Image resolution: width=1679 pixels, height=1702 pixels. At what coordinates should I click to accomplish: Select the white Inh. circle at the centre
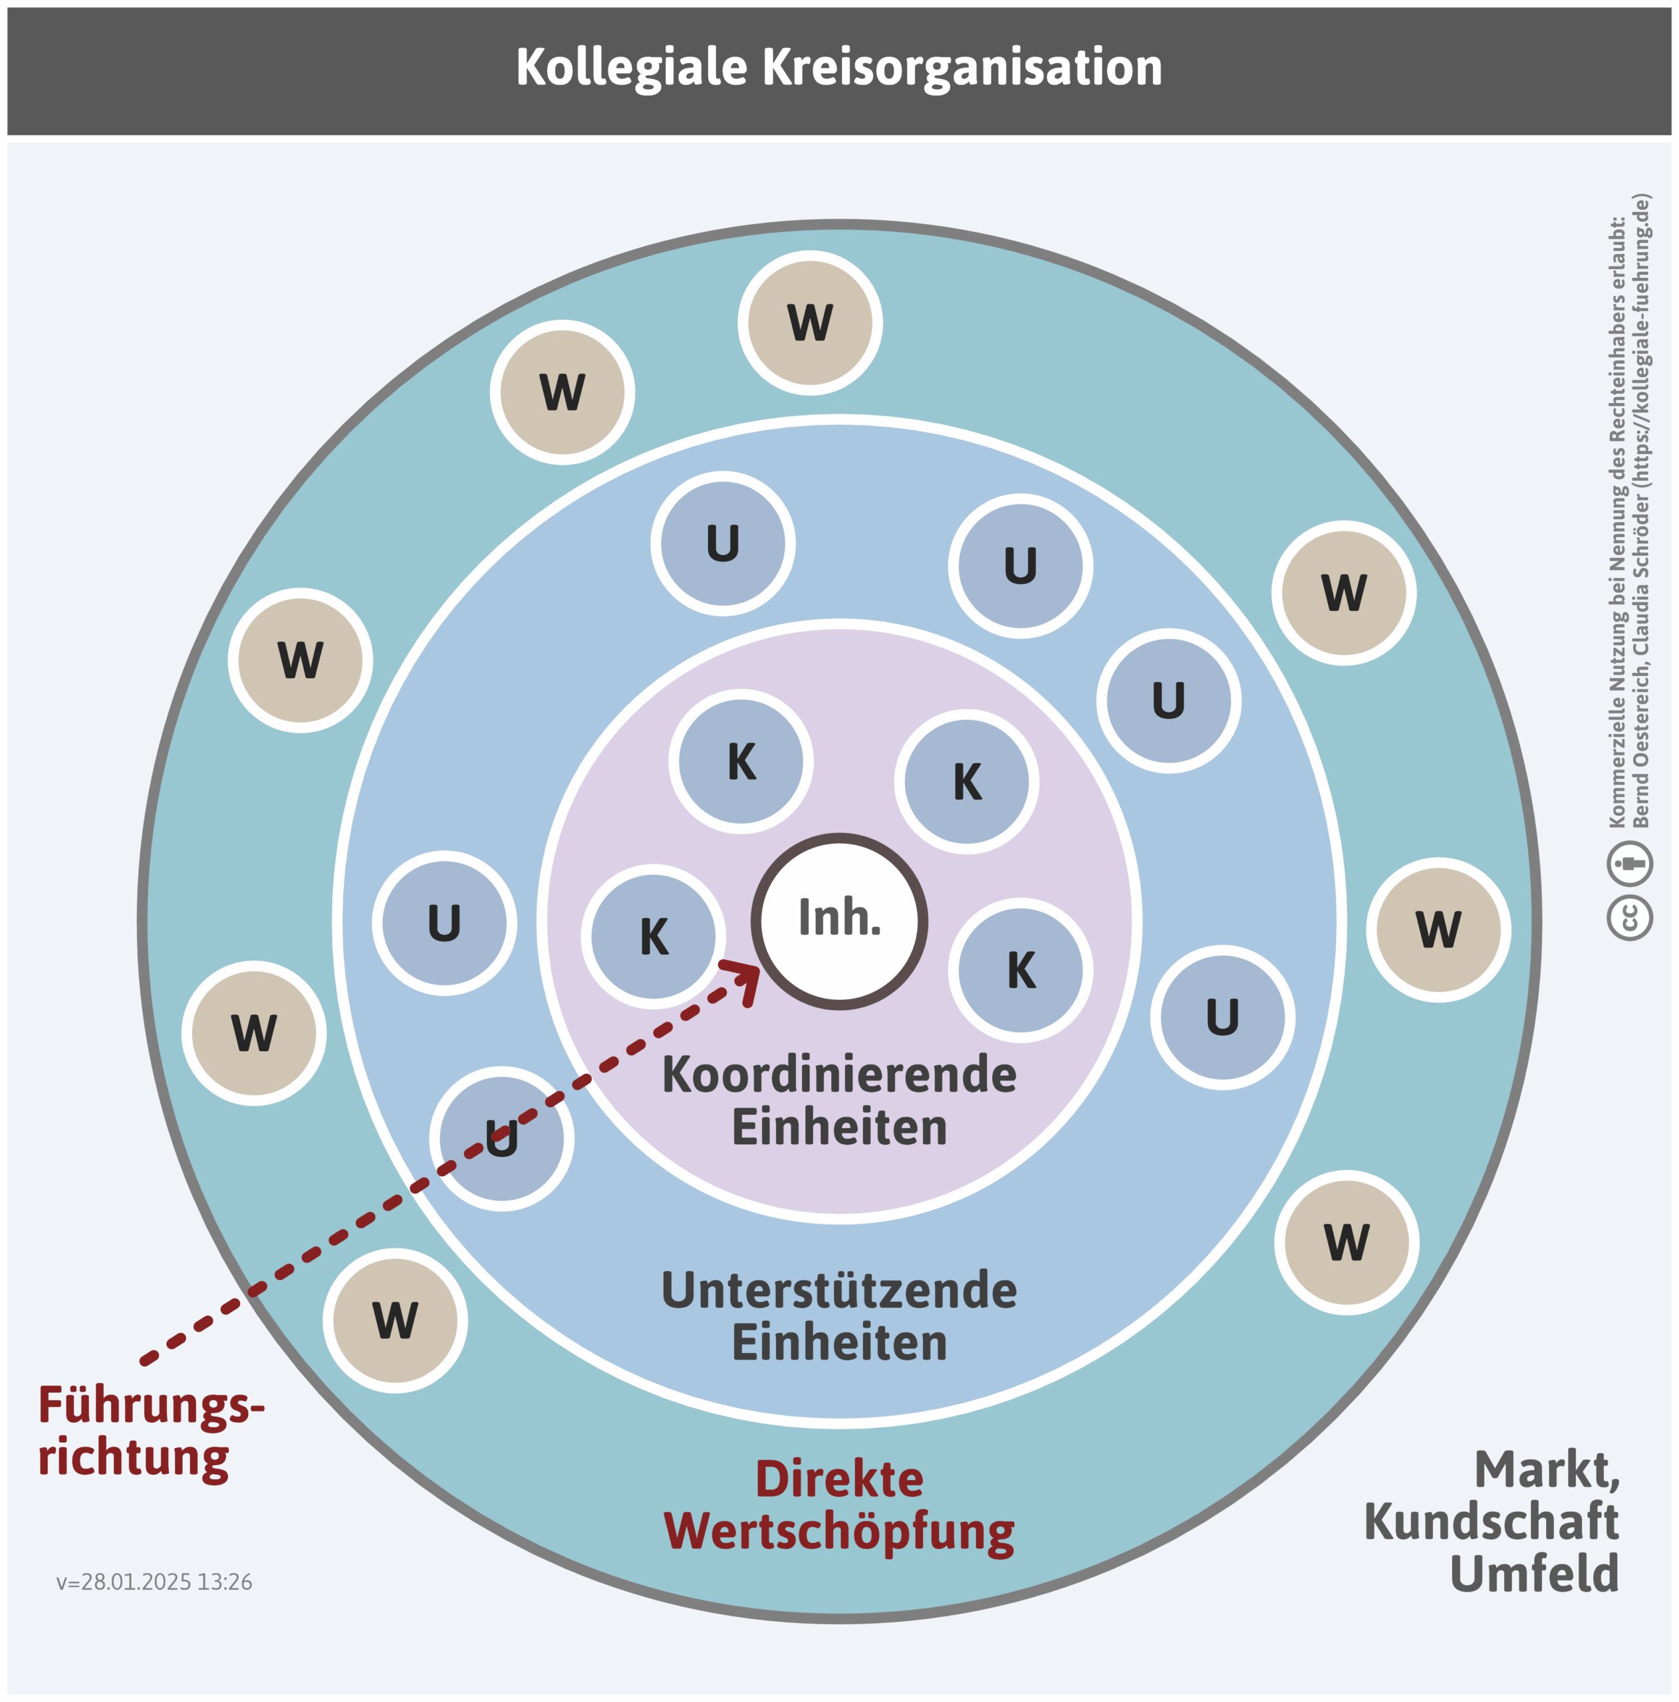839,921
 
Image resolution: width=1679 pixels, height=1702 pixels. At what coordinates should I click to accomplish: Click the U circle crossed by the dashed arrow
501,1138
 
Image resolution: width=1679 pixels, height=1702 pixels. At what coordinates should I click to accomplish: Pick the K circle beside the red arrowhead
653,935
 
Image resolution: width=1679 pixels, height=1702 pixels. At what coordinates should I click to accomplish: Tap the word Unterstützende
839,1290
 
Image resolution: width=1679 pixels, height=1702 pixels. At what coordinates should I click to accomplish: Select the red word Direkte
839,1479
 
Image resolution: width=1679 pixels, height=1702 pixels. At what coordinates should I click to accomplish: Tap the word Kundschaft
1491,1521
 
